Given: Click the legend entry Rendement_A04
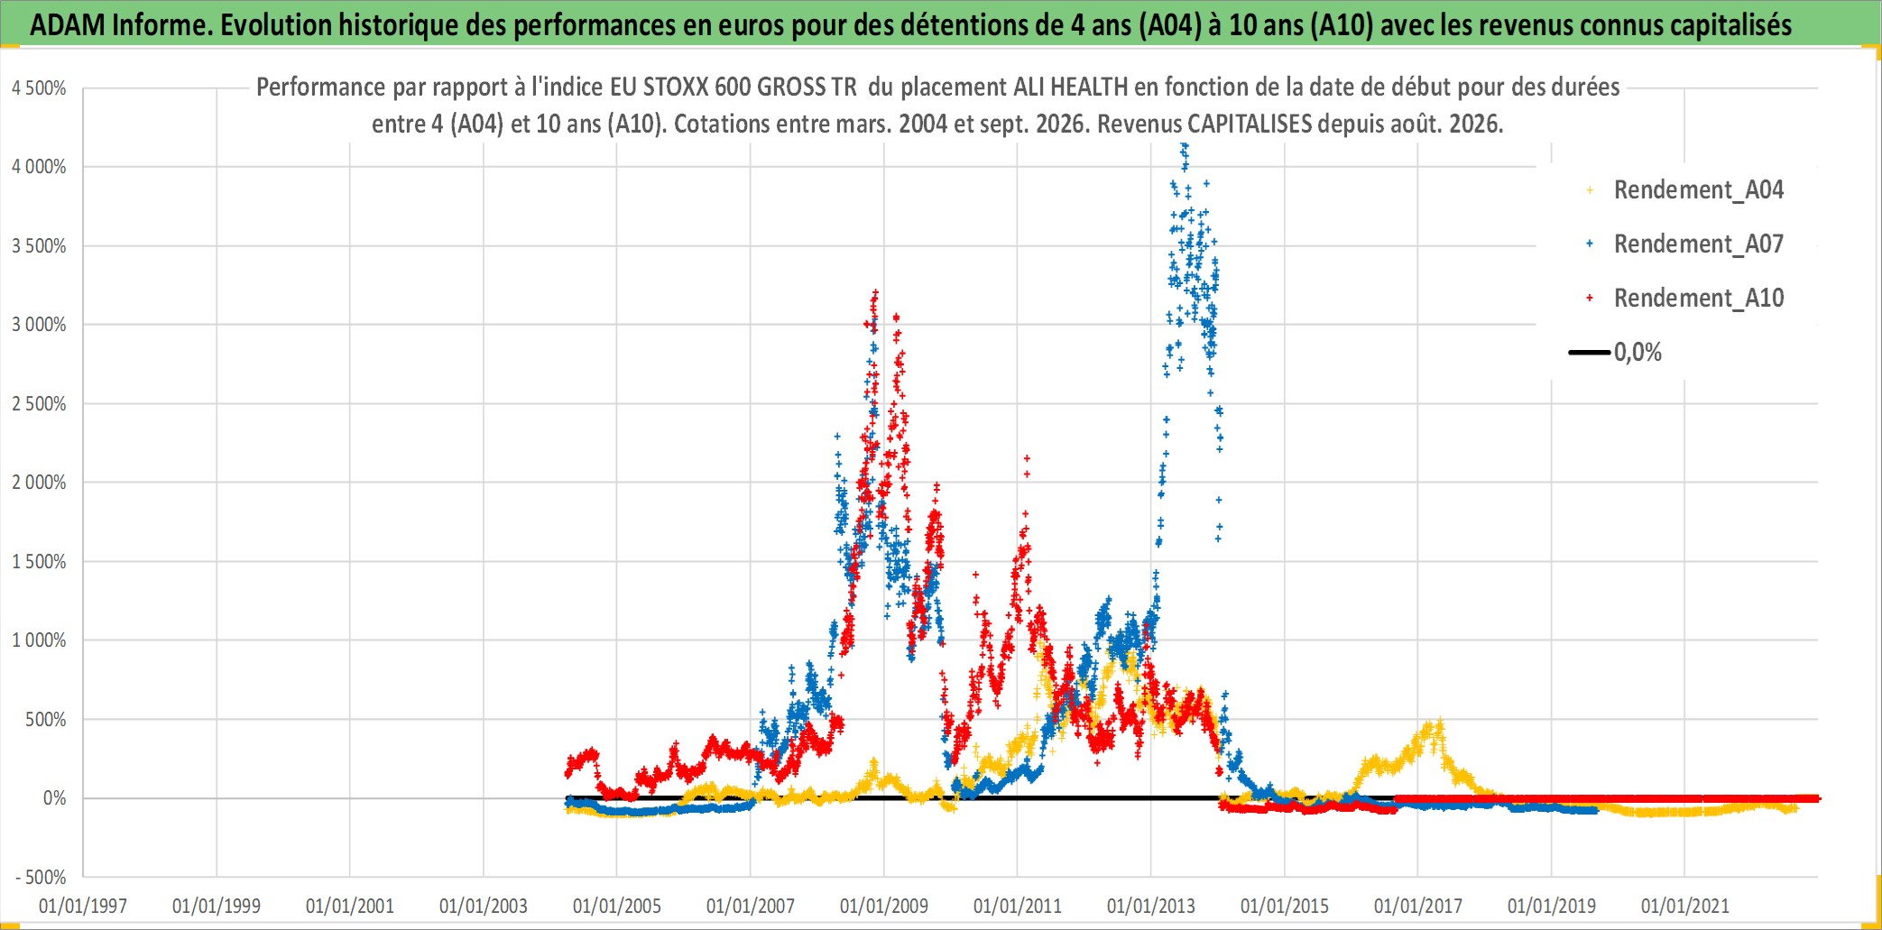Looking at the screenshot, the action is point(1684,190).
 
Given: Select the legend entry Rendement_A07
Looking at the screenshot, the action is point(1684,244).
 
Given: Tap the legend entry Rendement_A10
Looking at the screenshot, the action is point(1684,299).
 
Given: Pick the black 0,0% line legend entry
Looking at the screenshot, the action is point(1615,353).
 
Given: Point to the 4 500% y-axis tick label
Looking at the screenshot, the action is point(39,88).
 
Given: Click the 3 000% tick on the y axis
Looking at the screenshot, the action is point(39,325).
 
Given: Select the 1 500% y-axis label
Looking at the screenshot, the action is point(39,562).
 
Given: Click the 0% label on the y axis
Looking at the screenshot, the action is point(54,798).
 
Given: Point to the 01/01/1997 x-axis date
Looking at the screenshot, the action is point(83,906).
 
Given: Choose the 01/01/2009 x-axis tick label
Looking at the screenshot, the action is point(884,906).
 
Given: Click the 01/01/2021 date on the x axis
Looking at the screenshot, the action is point(1685,906).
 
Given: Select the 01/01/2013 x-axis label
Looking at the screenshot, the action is point(1151,906).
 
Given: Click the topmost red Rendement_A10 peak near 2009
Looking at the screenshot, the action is point(875,292).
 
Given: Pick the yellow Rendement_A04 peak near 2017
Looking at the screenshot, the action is point(1439,722).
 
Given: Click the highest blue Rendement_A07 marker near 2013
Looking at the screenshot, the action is point(1185,146).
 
